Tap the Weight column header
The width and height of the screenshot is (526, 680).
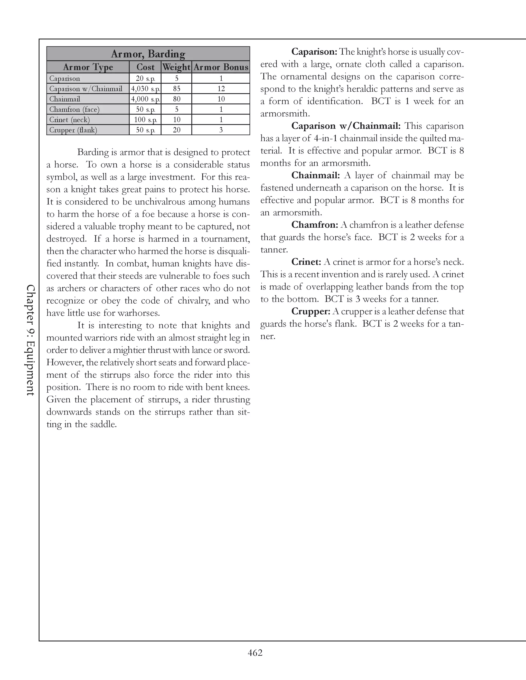[x=176, y=67]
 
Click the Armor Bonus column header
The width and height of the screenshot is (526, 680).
[x=221, y=67]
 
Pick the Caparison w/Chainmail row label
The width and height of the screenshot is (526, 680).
[x=86, y=89]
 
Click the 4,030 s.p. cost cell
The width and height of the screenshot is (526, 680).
[x=145, y=89]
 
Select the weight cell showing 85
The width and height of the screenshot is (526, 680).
[x=177, y=89]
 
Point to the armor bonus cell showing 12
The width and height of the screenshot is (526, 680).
[x=221, y=89]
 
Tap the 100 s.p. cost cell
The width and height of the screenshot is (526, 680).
[x=145, y=120]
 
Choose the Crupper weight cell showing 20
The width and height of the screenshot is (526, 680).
[x=177, y=130]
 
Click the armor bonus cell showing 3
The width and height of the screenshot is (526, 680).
[x=221, y=130]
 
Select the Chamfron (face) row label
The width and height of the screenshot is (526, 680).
[x=74, y=109]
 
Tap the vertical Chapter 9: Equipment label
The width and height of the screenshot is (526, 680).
[x=31, y=340]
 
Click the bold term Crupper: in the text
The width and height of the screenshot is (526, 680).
[x=310, y=311]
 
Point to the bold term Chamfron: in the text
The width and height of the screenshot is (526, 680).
[x=314, y=225]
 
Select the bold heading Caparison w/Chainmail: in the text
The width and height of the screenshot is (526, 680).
[x=346, y=126]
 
